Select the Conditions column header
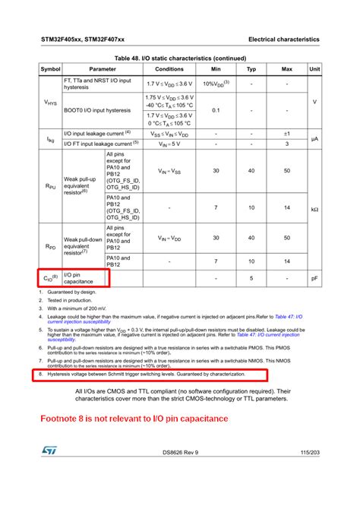[169, 69]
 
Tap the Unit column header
[314, 69]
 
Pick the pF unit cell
[314, 278]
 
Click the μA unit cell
[314, 138]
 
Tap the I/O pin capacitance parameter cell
[84, 278]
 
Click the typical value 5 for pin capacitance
[251, 278]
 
